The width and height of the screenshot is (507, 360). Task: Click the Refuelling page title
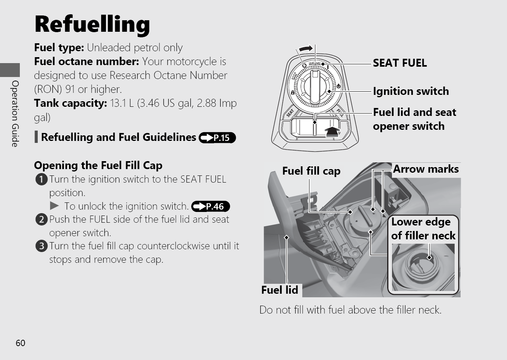pyautogui.click(x=92, y=25)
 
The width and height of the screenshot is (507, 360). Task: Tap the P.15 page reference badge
pyautogui.click(x=217, y=138)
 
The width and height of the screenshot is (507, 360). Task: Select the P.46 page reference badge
pyautogui.click(x=211, y=206)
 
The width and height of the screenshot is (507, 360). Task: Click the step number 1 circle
pyautogui.click(x=41, y=179)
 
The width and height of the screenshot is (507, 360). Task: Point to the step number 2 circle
pyautogui.click(x=41, y=219)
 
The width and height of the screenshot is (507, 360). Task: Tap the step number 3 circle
pyautogui.click(x=41, y=246)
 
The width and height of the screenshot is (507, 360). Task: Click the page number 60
pyautogui.click(x=20, y=343)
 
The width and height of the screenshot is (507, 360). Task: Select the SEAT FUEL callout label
pyautogui.click(x=400, y=63)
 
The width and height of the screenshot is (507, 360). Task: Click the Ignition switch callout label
pyautogui.click(x=411, y=91)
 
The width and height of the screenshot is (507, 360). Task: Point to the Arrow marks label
pyautogui.click(x=426, y=169)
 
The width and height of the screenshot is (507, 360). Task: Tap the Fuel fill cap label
pyautogui.click(x=311, y=171)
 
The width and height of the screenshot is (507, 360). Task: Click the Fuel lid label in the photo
pyautogui.click(x=280, y=290)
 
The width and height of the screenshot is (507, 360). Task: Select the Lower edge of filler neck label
pyautogui.click(x=423, y=229)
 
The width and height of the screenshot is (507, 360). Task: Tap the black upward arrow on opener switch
pyautogui.click(x=332, y=131)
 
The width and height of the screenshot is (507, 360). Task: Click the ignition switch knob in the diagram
pyautogui.click(x=315, y=87)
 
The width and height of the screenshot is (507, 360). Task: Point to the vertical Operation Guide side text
pyautogui.click(x=15, y=114)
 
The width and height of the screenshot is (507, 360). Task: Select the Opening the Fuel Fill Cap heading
pyautogui.click(x=98, y=165)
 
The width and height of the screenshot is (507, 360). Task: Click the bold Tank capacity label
pyautogui.click(x=71, y=103)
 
